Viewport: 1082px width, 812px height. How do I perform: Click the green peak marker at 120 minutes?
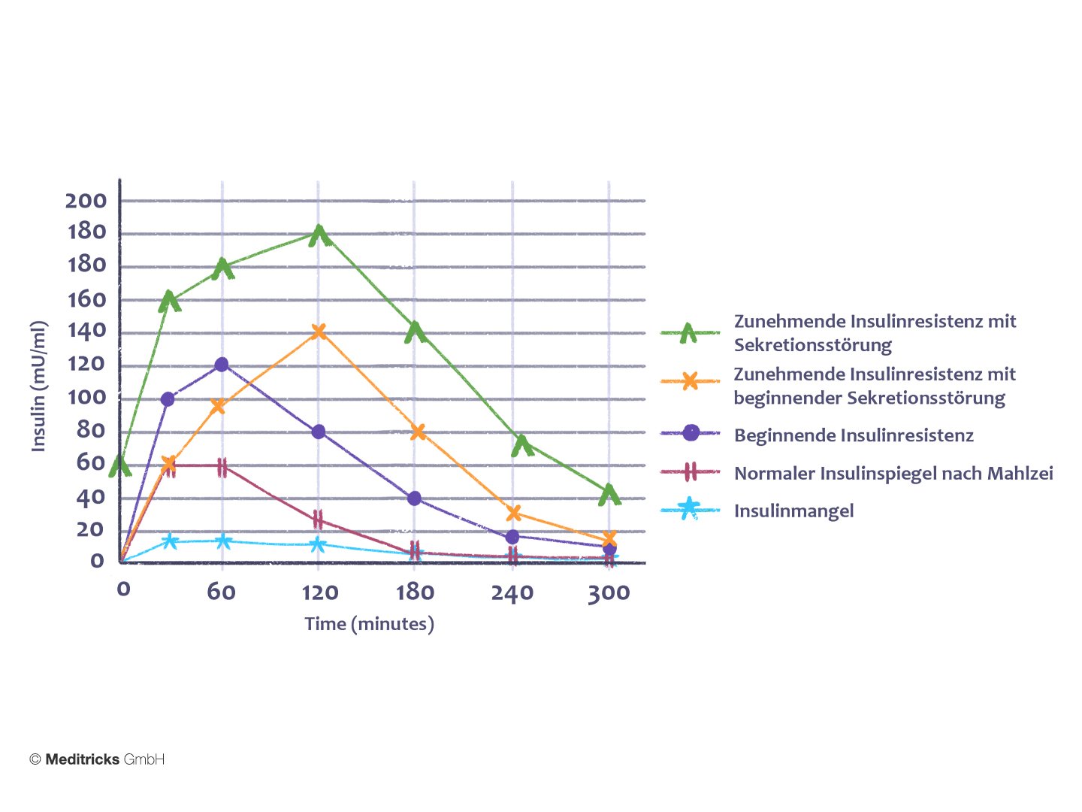click(319, 235)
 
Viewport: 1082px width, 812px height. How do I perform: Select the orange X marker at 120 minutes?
click(319, 332)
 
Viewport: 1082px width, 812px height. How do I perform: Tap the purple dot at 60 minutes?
click(222, 365)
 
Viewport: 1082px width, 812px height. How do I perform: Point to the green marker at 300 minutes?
click(610, 494)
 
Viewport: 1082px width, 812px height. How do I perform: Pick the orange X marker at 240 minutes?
click(514, 514)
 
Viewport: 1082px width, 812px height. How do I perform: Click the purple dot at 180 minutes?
click(414, 498)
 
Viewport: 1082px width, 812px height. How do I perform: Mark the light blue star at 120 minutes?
click(318, 544)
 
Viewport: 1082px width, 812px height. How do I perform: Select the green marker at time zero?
click(120, 467)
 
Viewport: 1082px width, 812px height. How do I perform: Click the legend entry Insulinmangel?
click(793, 511)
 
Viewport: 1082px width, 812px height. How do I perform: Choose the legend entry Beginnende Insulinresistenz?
click(854, 435)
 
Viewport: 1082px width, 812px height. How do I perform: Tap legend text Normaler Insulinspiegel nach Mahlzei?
click(893, 474)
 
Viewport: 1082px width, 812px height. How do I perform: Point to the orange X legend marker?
click(690, 382)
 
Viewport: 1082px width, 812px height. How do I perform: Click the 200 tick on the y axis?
click(86, 201)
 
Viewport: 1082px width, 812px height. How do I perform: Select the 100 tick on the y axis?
click(87, 398)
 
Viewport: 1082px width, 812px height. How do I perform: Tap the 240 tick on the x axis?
click(512, 593)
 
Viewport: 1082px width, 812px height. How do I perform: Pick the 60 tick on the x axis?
click(222, 592)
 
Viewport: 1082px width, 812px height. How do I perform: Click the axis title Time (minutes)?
click(369, 624)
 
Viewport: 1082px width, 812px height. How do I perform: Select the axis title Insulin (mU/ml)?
click(38, 386)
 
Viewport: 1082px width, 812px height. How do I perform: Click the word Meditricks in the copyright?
click(82, 759)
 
